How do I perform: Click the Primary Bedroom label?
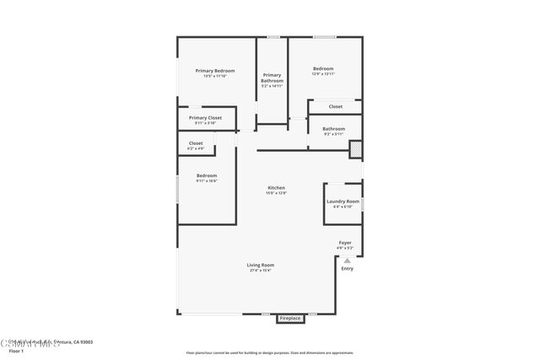214,70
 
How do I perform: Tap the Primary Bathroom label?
272,78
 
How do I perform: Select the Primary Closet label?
205,118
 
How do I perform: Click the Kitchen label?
277,187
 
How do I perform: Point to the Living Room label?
260,265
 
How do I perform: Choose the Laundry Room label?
343,201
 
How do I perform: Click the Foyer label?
345,243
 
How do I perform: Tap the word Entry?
347,269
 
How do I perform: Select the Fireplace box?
289,318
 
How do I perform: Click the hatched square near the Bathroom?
356,148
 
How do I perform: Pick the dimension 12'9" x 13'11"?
323,75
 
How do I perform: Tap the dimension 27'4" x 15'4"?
260,271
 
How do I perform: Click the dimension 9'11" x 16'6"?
207,180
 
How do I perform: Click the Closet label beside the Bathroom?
336,107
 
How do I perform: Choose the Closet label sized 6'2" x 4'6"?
196,143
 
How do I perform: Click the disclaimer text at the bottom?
270,352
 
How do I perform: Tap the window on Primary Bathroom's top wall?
273,36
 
